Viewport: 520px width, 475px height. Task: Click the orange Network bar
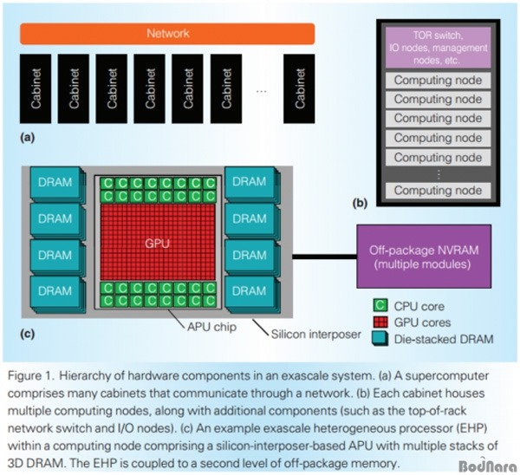pos(167,34)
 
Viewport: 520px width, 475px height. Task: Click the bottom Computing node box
pos(438,190)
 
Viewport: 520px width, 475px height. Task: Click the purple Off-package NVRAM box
pos(423,256)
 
